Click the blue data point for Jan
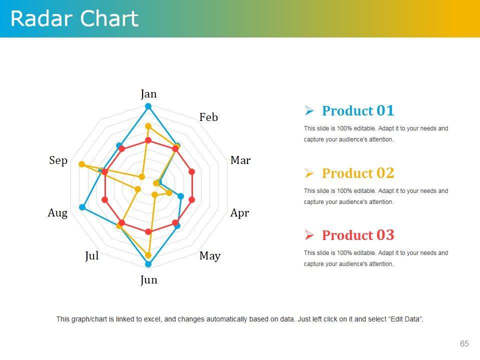pos(148,106)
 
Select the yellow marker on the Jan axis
pos(148,126)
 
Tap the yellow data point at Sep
pos(81,164)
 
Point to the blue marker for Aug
pos(82,207)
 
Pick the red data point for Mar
pos(191,171)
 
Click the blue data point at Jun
pos(148,264)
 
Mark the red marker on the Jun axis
pos(148,231)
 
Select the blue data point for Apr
pos(181,196)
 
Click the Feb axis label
pos(208,117)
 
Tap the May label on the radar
pos(210,255)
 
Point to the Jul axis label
pos(92,255)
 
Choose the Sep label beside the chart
pos(58,160)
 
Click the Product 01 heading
pos(358,110)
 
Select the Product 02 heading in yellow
pos(358,173)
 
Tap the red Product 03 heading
pos(358,235)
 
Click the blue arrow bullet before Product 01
pos(309,110)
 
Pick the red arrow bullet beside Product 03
pos(309,235)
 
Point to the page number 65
pos(464,343)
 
